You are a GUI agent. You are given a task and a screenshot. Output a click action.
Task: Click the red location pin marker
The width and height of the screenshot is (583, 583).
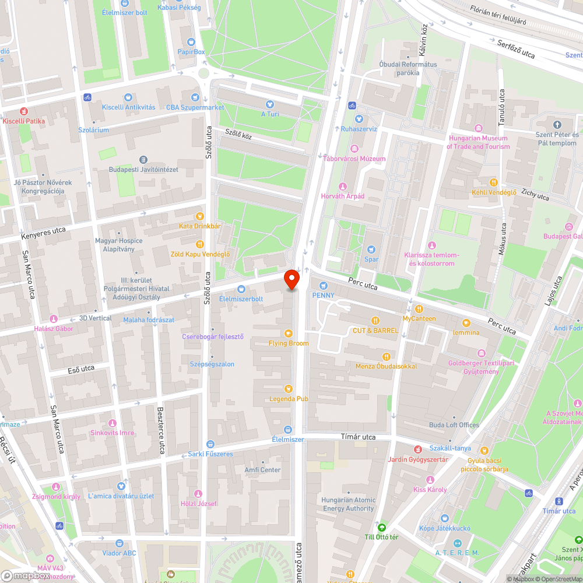(291, 280)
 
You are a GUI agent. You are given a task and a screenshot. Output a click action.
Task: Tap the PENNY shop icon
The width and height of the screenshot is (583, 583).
(324, 286)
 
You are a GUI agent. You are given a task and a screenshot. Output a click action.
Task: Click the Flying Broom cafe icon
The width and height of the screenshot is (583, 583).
(288, 333)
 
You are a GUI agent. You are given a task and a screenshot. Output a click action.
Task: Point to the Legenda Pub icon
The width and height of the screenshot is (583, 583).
(288, 389)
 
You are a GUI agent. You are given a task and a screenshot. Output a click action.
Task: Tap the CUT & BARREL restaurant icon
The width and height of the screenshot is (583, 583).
(375, 320)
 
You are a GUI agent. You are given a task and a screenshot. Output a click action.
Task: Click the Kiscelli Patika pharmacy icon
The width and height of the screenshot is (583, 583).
(23, 111)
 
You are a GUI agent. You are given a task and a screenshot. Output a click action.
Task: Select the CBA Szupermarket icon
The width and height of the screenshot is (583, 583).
(194, 97)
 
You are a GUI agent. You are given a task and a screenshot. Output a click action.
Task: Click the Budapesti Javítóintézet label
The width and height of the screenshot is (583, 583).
(143, 170)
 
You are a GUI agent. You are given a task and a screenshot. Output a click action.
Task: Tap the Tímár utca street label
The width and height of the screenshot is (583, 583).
(358, 437)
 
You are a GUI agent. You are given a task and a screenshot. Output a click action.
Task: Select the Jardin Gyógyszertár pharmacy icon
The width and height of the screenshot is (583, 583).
(417, 449)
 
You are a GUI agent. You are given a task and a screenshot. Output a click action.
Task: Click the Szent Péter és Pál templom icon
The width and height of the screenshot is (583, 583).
(557, 125)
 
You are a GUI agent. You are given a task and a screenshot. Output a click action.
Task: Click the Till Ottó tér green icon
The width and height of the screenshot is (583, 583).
(381, 526)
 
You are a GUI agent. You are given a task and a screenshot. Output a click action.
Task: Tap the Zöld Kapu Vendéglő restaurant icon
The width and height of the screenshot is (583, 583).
(200, 244)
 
